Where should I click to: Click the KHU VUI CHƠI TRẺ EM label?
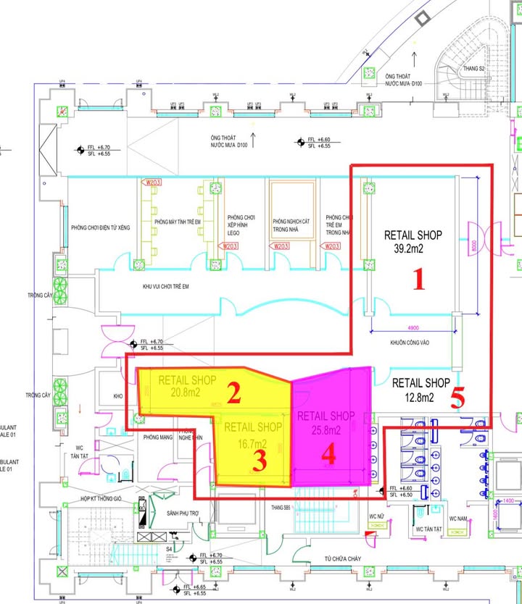(165, 287)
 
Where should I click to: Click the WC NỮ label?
(376, 516)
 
